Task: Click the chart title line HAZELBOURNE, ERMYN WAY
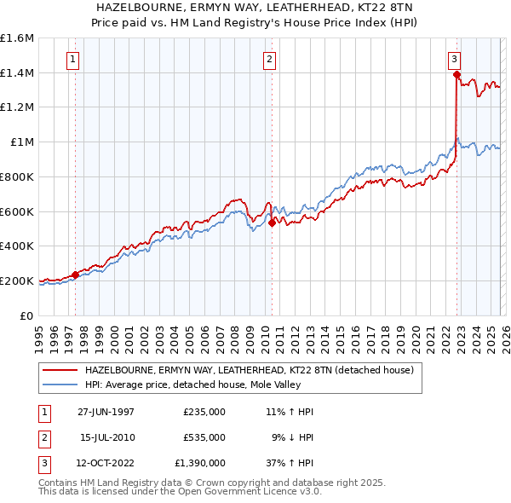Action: [x=255, y=8]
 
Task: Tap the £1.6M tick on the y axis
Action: [x=17, y=38]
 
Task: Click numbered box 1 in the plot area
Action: [x=73, y=60]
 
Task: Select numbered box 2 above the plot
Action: [x=269, y=60]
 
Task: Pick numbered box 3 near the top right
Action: [x=455, y=60]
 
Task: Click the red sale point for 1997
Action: [x=76, y=275]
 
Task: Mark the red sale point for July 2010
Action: [x=272, y=223]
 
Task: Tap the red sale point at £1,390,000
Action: [x=457, y=75]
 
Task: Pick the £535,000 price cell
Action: [x=204, y=437]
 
